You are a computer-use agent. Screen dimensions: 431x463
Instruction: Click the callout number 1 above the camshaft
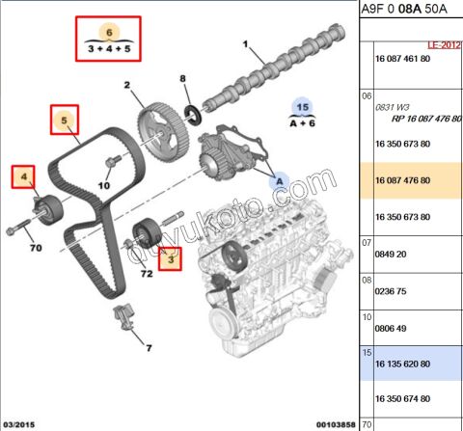point(245,44)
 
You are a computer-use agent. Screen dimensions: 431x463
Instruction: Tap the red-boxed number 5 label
point(64,121)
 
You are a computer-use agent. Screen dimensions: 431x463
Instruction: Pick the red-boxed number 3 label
point(172,257)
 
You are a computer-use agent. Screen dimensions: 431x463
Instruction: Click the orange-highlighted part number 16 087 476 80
point(403,179)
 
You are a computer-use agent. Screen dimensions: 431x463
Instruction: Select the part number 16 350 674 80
point(403,397)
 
